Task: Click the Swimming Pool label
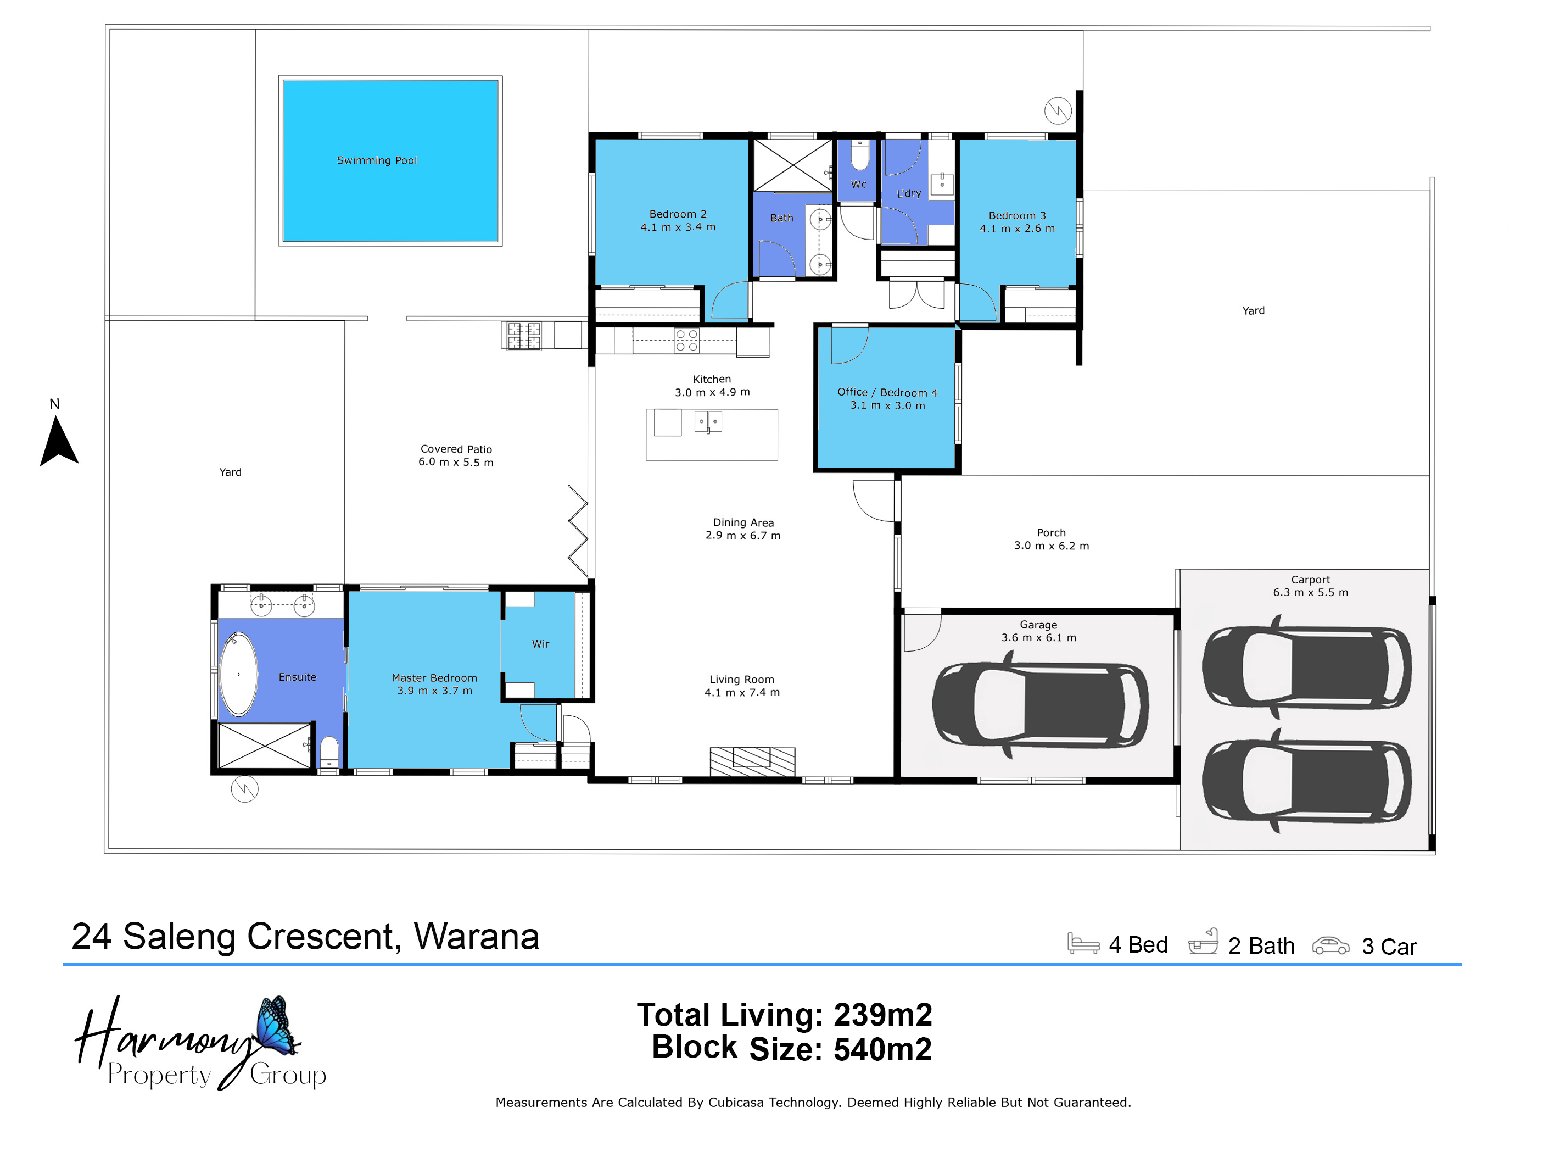click(x=377, y=160)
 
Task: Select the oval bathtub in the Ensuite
click(x=238, y=674)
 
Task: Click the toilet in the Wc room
click(x=860, y=155)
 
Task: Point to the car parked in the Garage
click(x=1040, y=705)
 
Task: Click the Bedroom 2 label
click(x=678, y=214)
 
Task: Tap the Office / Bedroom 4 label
click(x=887, y=392)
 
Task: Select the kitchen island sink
click(x=708, y=421)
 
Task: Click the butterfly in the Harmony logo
click(x=278, y=1025)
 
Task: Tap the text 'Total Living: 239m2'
click(x=784, y=1015)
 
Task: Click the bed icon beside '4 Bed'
click(x=1083, y=943)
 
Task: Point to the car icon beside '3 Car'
click(x=1330, y=945)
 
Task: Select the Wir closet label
click(x=541, y=644)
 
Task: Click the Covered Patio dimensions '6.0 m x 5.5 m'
click(x=456, y=463)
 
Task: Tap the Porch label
click(x=1051, y=533)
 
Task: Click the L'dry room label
click(x=909, y=193)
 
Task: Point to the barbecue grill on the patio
click(x=524, y=336)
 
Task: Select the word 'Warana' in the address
click(x=477, y=937)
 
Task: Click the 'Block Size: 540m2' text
click(x=792, y=1049)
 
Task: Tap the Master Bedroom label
click(x=434, y=678)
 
